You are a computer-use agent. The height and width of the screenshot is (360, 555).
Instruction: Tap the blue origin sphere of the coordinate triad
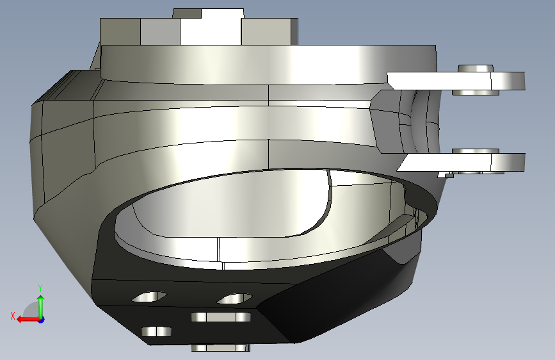tap(41, 319)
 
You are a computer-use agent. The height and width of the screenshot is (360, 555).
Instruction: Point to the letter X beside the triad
tap(12, 315)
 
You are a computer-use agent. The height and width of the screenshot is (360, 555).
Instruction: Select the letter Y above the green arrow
tap(40, 288)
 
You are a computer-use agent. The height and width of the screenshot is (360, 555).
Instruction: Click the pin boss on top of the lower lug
tap(476, 151)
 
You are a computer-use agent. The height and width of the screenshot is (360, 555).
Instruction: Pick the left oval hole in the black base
tap(149, 297)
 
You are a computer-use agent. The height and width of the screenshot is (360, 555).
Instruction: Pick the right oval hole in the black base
tap(234, 299)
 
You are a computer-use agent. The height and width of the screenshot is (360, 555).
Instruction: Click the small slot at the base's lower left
tap(157, 331)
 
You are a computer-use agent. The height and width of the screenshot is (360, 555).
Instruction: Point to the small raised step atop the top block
tap(208, 13)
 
